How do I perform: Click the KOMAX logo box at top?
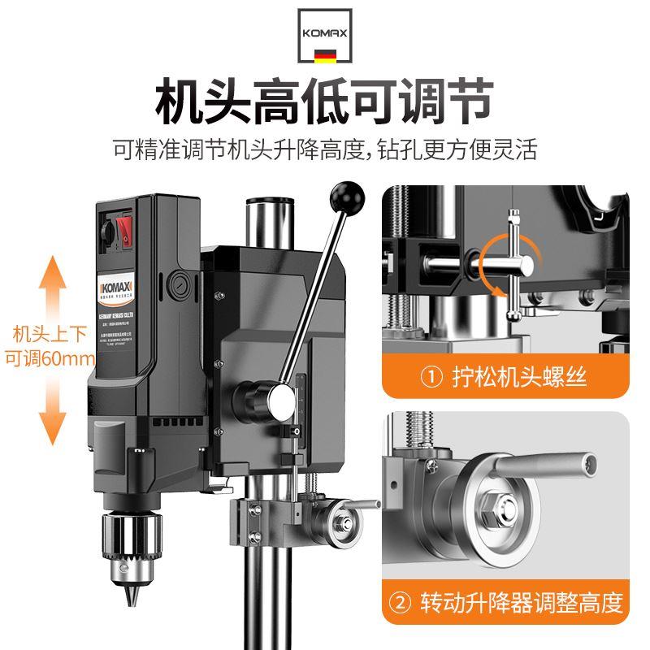tap(326, 37)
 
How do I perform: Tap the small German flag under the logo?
tap(326, 58)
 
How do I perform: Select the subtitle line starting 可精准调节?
tap(325, 149)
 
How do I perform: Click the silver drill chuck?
tap(131, 541)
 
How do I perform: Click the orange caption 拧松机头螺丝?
tap(504, 377)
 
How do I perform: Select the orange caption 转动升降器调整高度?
tap(504, 603)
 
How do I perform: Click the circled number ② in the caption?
tap(403, 603)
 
